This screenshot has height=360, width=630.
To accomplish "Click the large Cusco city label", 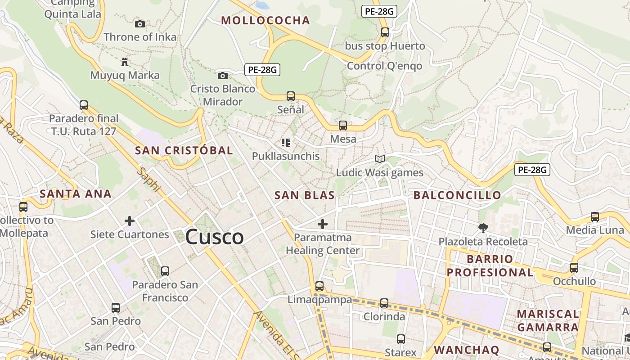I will click(214, 237).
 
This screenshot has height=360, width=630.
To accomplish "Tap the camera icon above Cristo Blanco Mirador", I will click(222, 76).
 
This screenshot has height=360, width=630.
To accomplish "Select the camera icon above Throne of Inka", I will click(140, 24).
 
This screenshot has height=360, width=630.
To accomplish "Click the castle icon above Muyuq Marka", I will click(125, 62).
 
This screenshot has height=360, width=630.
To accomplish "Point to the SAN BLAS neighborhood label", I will click(305, 195).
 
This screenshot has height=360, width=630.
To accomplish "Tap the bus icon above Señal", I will click(291, 96).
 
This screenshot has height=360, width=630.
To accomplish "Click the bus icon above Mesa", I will click(343, 126).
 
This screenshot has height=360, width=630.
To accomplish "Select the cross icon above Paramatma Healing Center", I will click(323, 224).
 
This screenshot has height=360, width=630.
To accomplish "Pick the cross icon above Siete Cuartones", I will click(130, 221).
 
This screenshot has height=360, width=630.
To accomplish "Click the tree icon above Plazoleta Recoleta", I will click(483, 228).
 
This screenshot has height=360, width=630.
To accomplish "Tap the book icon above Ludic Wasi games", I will click(380, 159).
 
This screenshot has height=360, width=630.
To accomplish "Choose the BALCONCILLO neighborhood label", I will click(457, 195).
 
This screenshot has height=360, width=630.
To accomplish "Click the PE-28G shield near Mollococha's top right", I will click(379, 12).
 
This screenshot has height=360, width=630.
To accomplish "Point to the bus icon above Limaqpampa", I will click(319, 286).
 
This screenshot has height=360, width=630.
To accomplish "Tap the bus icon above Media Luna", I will click(595, 217).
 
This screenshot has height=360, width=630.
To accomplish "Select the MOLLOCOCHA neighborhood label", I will click(265, 20).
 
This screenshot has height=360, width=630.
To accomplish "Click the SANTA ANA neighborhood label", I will click(76, 194).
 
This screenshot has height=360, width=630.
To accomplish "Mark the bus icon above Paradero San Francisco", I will click(165, 271).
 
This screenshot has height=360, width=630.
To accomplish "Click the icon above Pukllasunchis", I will click(286, 143).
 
